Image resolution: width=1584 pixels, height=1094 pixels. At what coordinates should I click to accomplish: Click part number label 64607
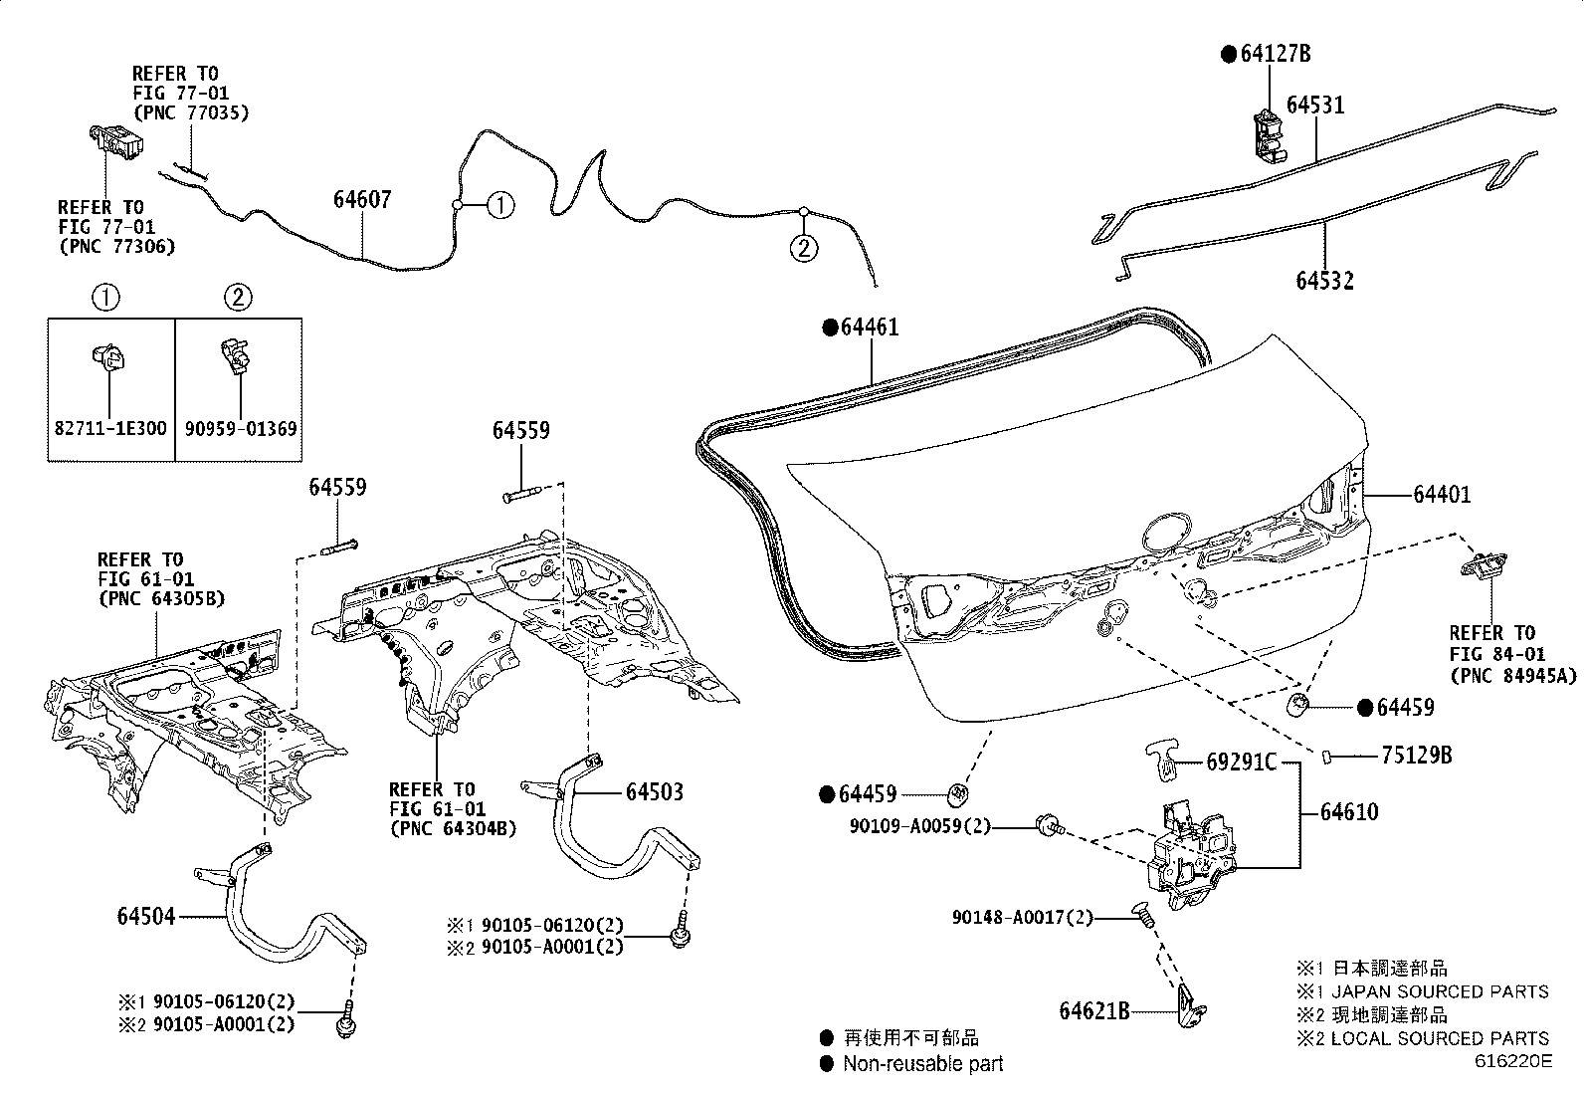tap(362, 199)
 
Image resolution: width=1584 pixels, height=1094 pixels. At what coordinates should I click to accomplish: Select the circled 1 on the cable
tap(500, 206)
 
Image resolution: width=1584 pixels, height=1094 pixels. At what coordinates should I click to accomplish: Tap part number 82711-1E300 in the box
tap(110, 429)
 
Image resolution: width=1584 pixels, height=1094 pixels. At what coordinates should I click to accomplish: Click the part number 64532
tap(1324, 281)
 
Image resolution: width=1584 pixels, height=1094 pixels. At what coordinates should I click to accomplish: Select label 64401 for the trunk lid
tap(1441, 494)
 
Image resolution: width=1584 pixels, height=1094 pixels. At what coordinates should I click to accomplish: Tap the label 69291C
tap(1241, 763)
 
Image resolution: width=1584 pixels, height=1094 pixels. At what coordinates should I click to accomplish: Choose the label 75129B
tap(1416, 756)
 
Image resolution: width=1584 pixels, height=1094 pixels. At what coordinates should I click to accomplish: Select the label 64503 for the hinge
tap(655, 792)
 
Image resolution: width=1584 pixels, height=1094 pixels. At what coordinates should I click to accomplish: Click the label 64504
tap(146, 916)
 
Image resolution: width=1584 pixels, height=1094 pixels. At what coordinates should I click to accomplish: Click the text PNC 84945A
tap(1512, 676)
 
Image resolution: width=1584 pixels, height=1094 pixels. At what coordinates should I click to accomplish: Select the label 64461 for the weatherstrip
tap(870, 328)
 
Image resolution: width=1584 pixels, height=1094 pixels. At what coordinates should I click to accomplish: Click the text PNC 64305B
tap(161, 598)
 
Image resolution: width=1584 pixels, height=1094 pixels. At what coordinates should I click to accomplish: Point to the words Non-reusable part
tap(922, 1063)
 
